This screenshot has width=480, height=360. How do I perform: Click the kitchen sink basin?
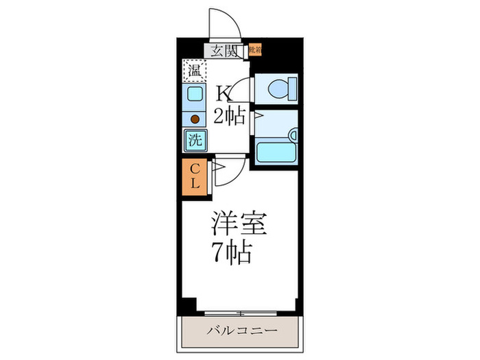[194, 95]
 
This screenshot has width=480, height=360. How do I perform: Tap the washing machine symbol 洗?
[194, 141]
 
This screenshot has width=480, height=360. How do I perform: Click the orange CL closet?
[194, 176]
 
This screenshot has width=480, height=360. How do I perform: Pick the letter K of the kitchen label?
[223, 93]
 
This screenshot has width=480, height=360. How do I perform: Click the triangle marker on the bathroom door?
[257, 117]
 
